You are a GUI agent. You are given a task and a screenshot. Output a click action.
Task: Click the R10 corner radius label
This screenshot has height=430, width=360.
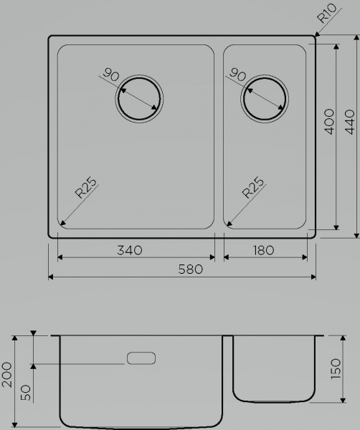coord(326,13)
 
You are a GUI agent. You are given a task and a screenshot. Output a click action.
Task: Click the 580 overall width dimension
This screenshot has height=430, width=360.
coord(191,269)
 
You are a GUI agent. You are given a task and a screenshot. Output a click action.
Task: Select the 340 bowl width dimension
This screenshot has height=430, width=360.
coord(130,250)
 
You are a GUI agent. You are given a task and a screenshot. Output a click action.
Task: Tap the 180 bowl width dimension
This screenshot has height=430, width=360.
coord(263,250)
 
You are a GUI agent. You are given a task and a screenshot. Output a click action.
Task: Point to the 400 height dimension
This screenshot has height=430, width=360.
coord(329,122)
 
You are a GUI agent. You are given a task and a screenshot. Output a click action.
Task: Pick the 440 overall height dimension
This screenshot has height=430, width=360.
coord(349,122)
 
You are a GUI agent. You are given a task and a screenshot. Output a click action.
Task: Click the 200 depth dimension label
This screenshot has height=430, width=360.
coord(7,375)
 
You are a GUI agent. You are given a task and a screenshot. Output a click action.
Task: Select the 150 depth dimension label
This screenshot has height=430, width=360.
coord(336,369)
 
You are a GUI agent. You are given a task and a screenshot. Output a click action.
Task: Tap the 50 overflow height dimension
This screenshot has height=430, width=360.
coord(26,393)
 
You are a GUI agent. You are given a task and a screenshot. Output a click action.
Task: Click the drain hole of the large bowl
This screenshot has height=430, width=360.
coord(139,99)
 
